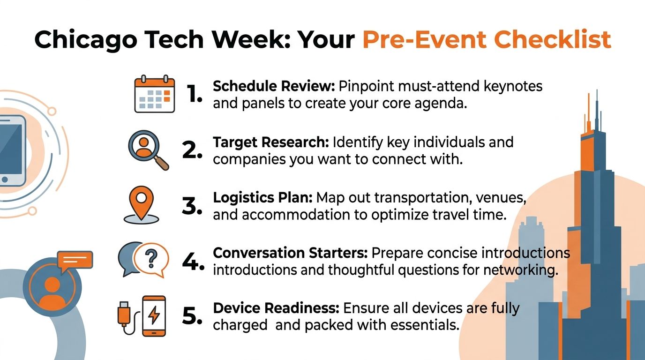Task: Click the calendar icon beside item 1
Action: pos(154,95)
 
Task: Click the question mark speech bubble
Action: pos(150,259)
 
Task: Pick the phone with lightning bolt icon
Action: pos(154,315)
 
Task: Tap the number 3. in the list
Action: pos(191,206)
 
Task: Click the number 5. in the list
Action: pos(191,316)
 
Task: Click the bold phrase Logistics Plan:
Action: pos(262,197)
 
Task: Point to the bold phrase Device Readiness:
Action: pos(276,308)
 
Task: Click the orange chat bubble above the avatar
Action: pos(75,261)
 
